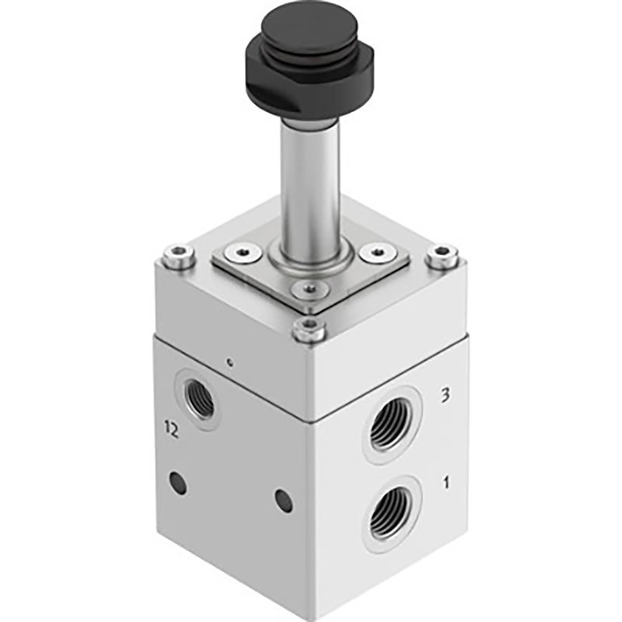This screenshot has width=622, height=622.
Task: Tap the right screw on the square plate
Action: [378, 253]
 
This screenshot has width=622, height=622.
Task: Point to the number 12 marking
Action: [172, 428]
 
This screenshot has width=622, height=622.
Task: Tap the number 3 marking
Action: [445, 396]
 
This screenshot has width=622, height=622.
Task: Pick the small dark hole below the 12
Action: [178, 484]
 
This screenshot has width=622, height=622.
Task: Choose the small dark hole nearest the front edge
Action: [284, 501]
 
